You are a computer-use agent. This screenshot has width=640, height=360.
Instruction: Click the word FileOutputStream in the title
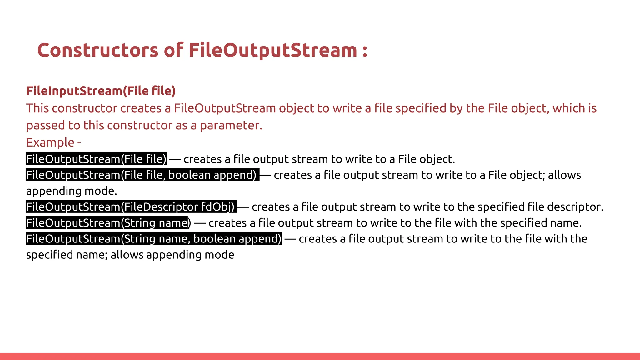tap(273, 50)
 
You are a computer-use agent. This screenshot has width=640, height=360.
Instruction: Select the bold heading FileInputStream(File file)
tap(101, 91)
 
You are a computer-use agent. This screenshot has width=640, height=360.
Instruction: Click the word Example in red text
tap(50, 142)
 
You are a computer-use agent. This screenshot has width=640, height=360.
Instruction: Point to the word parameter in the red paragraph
tap(231, 126)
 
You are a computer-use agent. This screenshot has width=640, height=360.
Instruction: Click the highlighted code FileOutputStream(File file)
tap(96, 159)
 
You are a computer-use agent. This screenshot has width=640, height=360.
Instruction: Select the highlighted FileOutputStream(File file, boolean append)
tap(142, 175)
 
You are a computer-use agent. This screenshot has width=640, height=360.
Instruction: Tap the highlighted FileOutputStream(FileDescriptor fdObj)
tap(131, 207)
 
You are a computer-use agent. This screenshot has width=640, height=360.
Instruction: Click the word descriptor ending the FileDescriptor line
tap(575, 207)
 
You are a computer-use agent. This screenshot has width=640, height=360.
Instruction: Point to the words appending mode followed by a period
tap(71, 191)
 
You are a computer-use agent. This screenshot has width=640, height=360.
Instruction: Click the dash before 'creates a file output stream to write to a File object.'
tap(175, 159)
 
